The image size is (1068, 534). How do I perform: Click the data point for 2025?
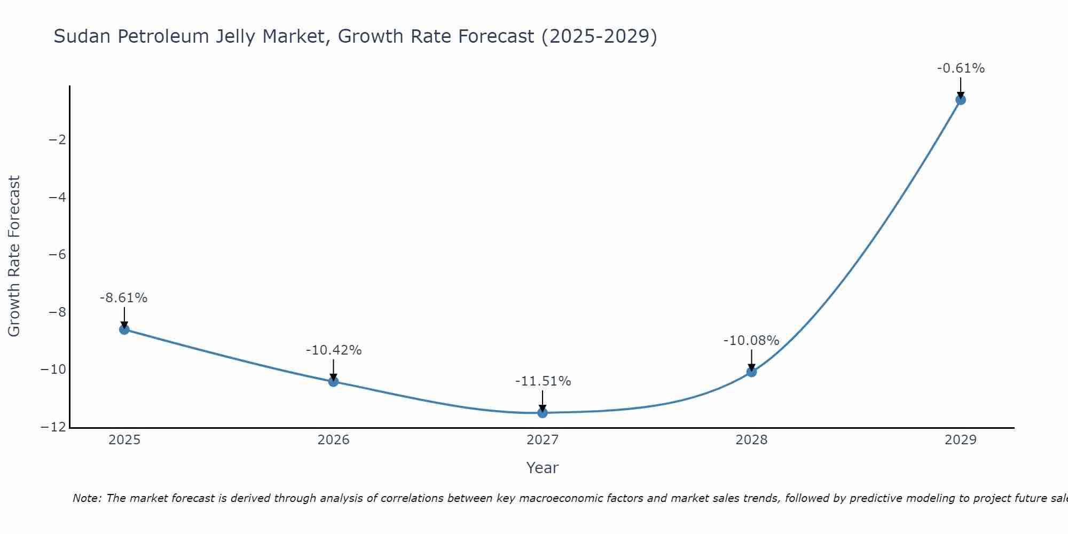tap(124, 329)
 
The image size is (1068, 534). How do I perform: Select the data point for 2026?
tap(333, 381)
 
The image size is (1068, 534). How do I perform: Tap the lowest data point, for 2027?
tap(543, 413)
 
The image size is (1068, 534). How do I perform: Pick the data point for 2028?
tap(751, 372)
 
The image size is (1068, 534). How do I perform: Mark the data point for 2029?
tap(961, 100)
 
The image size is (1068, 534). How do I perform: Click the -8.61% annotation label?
tap(123, 298)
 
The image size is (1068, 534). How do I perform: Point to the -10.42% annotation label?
tap(334, 350)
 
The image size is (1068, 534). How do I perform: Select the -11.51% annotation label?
tap(543, 381)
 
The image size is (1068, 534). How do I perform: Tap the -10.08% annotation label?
tap(751, 341)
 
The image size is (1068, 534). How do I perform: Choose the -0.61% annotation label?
tap(961, 68)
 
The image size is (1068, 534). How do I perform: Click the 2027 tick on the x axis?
tap(543, 440)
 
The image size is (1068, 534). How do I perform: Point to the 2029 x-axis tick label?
tap(961, 440)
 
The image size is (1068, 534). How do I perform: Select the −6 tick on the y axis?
tap(57, 255)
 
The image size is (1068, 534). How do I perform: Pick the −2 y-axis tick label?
tap(57, 140)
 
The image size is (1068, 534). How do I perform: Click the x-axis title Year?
tap(543, 468)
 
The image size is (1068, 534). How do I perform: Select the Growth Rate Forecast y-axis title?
tap(14, 256)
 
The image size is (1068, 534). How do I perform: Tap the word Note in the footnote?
tap(86, 498)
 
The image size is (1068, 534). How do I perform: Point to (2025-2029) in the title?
tap(599, 36)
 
